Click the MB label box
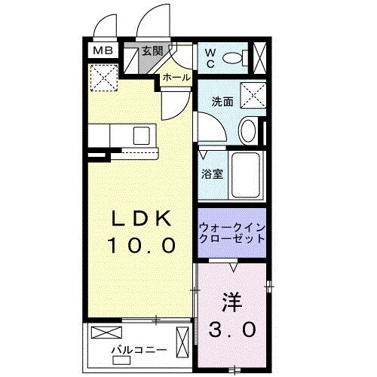[x=100, y=52]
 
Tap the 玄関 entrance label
[x=152, y=51]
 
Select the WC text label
[x=210, y=58]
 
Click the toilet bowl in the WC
[x=235, y=57]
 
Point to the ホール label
[x=176, y=78]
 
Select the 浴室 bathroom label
[x=212, y=174]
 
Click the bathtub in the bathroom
[x=248, y=175]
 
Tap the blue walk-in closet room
[x=232, y=232]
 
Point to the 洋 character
[x=231, y=302]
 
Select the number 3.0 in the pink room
[x=231, y=329]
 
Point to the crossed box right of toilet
[x=260, y=57]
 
